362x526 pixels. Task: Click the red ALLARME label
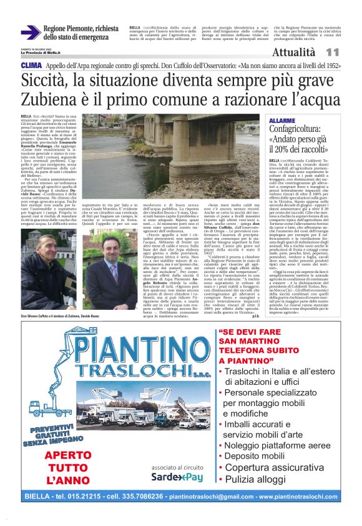283,119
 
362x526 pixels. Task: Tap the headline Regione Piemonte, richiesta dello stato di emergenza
81,33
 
